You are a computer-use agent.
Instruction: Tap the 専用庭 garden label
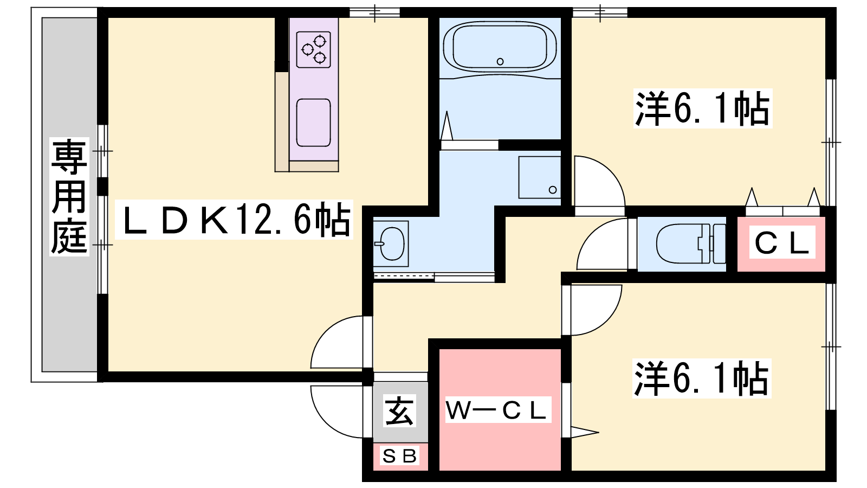69,196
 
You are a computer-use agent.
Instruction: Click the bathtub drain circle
500,61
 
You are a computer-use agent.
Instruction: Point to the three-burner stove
314,49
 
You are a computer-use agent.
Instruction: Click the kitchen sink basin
314,123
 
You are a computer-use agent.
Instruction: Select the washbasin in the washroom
391,244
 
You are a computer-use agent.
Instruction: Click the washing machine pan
540,177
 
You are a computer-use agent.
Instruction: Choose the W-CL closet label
498,410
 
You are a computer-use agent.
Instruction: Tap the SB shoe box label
400,456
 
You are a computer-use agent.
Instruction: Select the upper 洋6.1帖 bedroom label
702,108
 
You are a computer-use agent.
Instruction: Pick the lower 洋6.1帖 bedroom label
701,378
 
